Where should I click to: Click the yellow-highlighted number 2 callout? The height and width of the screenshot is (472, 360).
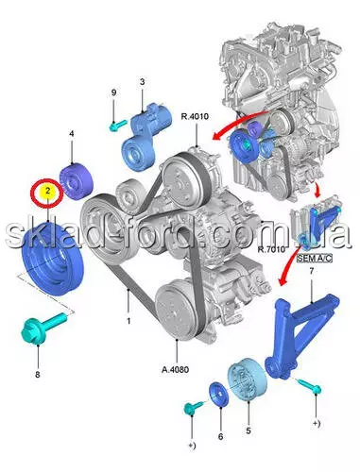coord(47,191)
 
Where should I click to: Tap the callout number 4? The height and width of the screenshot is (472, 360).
coord(72,134)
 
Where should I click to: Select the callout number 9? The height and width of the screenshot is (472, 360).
coord(113,93)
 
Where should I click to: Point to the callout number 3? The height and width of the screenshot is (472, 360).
coord(143,82)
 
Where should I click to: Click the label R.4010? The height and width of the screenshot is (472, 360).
coord(195,116)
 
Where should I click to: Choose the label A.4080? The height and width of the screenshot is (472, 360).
coord(176,369)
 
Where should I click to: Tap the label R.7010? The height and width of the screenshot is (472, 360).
coord(271,249)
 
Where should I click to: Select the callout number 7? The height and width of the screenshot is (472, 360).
coord(312,271)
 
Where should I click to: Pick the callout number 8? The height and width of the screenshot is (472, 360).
coord(38,375)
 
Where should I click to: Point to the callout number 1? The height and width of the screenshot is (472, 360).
coord(129,321)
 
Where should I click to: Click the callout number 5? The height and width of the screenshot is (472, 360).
coord(249,430)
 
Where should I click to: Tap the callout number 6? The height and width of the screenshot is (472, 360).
coord(220,436)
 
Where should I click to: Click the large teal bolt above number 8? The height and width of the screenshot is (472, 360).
coord(44,328)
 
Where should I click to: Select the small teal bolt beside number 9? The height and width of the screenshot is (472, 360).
coord(118,126)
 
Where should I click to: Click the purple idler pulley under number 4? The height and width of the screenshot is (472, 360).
coord(77,182)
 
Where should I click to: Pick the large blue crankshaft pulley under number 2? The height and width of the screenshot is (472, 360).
coord(52,259)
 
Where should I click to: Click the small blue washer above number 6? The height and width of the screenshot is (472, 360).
coord(218,395)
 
